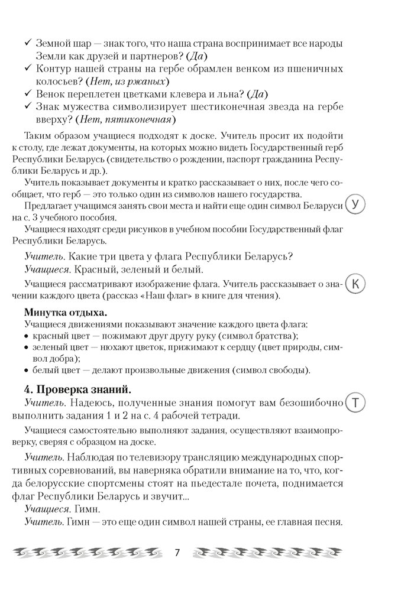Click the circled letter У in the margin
click(x=355, y=205)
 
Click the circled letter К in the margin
click(x=355, y=284)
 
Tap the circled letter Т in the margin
click(x=355, y=403)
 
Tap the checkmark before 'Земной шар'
click(x=27, y=43)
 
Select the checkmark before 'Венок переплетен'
click(x=27, y=94)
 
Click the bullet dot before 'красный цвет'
click(x=27, y=336)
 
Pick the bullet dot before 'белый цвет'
click(x=27, y=371)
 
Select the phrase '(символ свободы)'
click(x=270, y=371)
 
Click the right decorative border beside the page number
click(x=267, y=553)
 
